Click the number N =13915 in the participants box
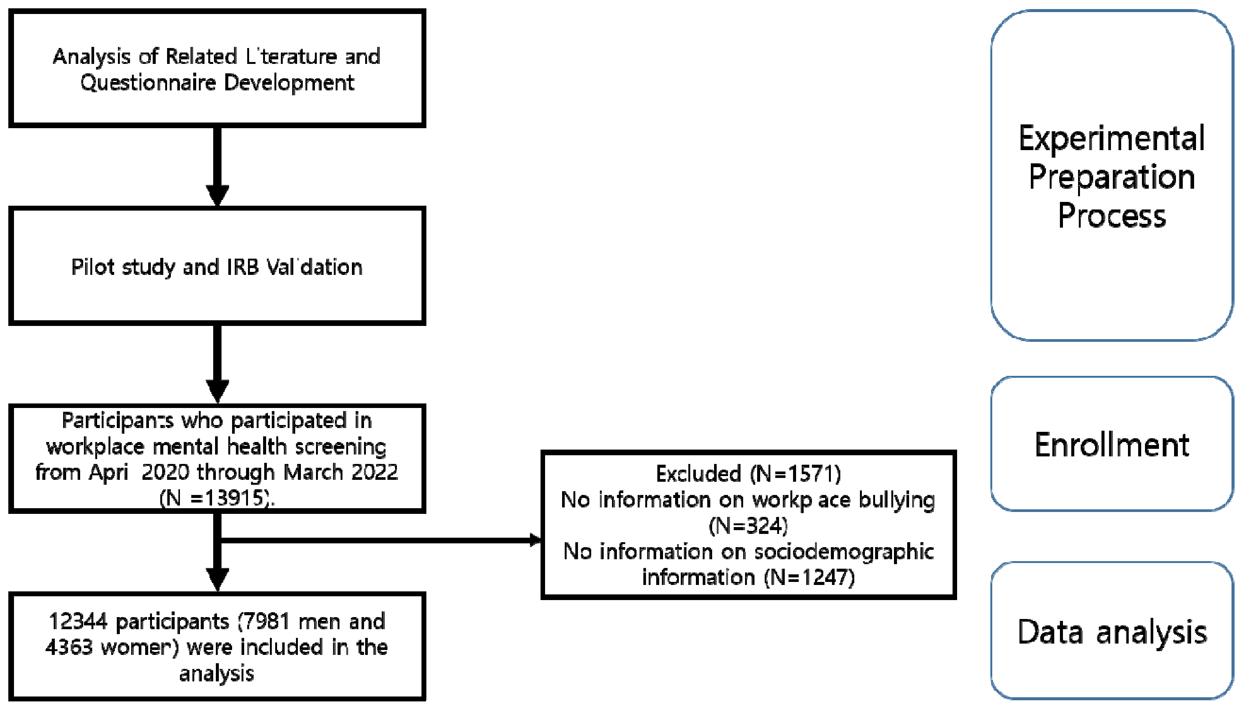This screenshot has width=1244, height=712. pos(215,498)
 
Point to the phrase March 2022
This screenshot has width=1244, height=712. pos(341,472)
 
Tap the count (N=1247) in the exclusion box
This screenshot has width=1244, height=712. pos(809,577)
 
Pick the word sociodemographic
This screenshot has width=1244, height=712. pos(844,552)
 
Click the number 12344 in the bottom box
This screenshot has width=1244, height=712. pos(78,622)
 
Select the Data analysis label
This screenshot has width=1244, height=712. pos(1112,632)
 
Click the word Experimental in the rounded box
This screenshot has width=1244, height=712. pos(1112,138)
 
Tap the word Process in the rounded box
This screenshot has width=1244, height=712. pos(1112,215)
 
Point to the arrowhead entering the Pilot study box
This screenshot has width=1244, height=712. pos(217,195)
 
